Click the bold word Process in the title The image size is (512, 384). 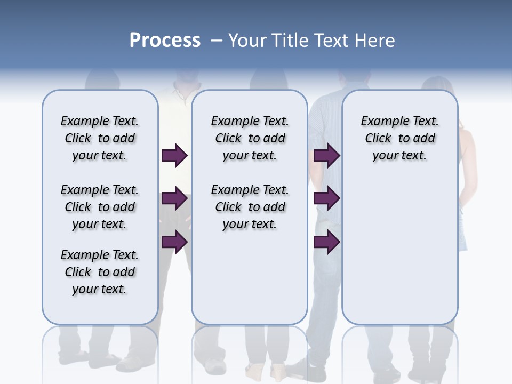[165, 41]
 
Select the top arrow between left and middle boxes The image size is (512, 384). [174, 156]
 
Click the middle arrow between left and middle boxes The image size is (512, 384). [174, 199]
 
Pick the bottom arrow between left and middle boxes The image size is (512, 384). [174, 242]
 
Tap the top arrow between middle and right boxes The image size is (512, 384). [326, 156]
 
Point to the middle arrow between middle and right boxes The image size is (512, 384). [326, 199]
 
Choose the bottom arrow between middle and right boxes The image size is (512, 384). [326, 242]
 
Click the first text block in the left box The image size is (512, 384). [100, 138]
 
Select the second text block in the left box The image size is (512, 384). [100, 207]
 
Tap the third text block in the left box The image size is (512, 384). [100, 272]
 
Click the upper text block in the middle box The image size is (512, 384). [250, 138]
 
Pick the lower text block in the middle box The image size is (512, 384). [250, 207]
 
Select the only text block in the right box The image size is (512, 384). [399, 138]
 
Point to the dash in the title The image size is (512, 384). [217, 41]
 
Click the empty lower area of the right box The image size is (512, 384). [399, 251]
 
